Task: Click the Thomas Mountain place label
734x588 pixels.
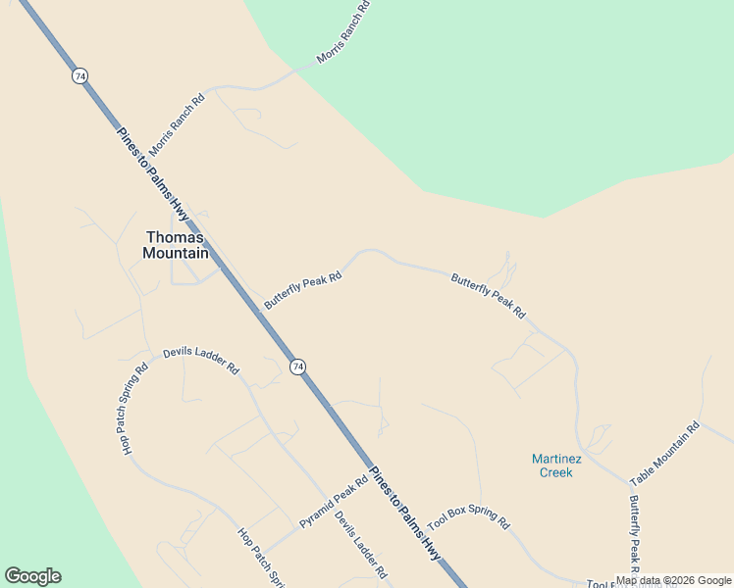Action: tap(176, 245)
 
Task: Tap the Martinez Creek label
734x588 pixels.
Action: tap(553, 465)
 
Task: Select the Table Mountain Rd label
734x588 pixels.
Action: tap(664, 454)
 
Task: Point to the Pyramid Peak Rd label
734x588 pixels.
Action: tap(334, 502)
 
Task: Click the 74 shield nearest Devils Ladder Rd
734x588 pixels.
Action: tap(297, 366)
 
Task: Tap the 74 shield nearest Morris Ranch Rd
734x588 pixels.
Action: tap(79, 75)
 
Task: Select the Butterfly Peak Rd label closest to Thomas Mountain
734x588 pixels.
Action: tap(302, 290)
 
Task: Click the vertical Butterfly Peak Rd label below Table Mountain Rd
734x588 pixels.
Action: tap(634, 534)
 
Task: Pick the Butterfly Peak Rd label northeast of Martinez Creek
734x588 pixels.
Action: tap(489, 296)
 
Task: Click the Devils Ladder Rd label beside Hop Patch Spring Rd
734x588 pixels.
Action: tap(201, 360)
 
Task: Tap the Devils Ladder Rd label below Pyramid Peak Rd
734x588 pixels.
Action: tap(359, 545)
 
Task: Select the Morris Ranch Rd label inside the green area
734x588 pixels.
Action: tap(343, 32)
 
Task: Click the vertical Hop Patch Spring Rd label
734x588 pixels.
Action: tap(134, 409)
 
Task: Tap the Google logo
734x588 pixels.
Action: tap(32, 576)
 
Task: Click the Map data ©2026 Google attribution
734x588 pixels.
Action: tap(673, 580)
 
